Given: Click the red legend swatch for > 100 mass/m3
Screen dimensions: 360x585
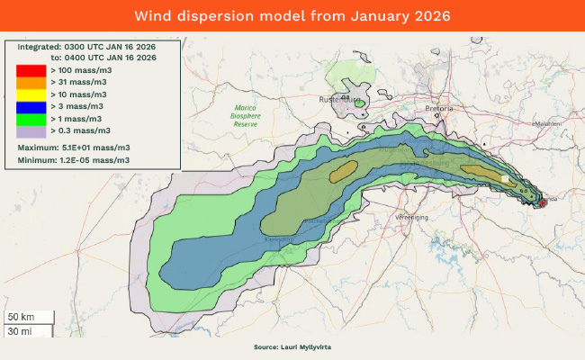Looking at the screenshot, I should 31,69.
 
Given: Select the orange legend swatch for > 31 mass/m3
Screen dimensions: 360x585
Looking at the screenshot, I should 31,82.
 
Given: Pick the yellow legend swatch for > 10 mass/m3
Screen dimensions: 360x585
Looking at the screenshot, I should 31,94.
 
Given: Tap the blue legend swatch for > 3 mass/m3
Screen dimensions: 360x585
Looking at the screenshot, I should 31,106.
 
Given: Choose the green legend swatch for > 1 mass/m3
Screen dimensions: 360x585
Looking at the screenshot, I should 31,118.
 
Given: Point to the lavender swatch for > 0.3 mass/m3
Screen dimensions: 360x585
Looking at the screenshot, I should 31,130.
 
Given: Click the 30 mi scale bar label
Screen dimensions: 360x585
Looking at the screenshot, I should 20,331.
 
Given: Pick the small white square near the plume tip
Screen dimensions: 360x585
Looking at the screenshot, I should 505,179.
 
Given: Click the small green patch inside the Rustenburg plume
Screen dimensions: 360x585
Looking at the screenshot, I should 360,103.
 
